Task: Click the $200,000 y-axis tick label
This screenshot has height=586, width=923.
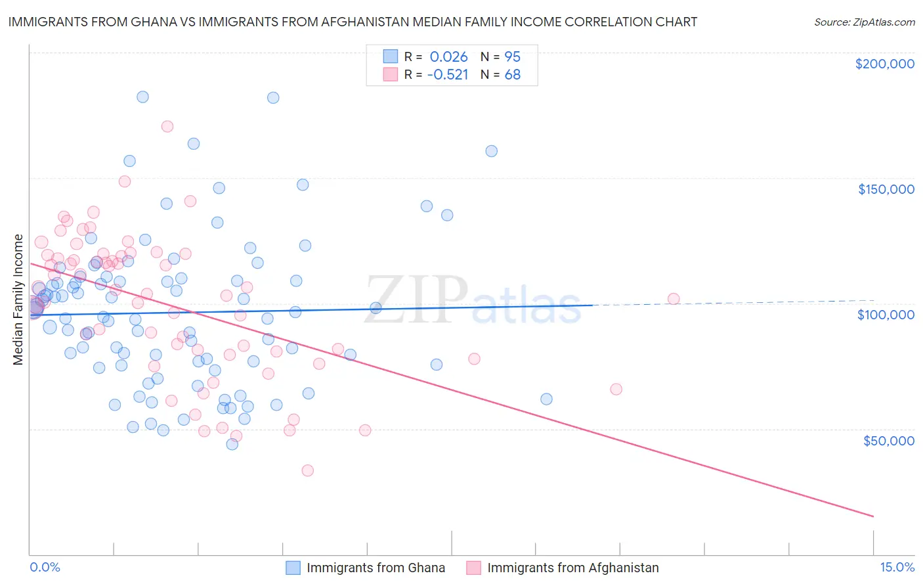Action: point(884,64)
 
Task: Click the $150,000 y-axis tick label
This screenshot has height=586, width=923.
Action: point(886,189)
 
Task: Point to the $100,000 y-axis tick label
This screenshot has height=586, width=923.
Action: point(886,315)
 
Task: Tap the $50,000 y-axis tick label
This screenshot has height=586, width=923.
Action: point(888,440)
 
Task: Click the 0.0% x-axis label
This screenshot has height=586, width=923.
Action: point(45,567)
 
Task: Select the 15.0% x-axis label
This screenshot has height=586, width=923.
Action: point(897,567)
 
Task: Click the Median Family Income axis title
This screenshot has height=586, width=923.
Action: point(18,300)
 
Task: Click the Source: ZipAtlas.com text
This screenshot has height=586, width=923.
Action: point(864,22)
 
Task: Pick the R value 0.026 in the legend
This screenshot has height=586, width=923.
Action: point(448,56)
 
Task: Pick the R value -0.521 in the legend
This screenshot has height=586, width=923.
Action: point(447,74)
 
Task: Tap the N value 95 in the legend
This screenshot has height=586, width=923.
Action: point(512,56)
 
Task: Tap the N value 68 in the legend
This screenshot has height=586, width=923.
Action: point(512,74)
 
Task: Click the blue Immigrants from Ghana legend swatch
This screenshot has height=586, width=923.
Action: point(293,568)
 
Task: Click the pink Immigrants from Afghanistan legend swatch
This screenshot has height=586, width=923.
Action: point(474,568)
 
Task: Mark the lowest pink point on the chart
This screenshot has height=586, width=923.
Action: point(307,470)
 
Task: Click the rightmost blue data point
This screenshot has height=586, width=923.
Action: point(546,399)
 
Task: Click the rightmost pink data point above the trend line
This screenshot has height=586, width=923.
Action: point(674,299)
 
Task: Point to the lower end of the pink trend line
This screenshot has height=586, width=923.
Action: point(873,516)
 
